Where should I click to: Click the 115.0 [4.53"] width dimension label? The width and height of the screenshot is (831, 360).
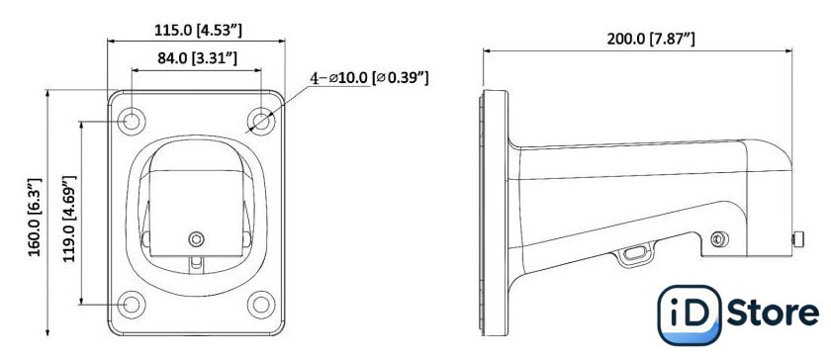coord(198,31)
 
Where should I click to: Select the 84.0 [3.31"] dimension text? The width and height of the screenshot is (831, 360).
coord(197,58)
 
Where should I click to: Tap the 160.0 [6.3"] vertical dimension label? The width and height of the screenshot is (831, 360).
coord(35,218)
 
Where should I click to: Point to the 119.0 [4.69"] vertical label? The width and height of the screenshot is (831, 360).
coord(70,219)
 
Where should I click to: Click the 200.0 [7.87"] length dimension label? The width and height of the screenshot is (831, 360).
coord(651,39)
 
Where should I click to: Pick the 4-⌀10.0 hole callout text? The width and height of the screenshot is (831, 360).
coord(369,78)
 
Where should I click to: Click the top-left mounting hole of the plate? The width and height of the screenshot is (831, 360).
coord(132,122)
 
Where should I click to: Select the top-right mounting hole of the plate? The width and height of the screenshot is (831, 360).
coord(261,122)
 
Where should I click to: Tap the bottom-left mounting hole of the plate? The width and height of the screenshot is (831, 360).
coord(132,305)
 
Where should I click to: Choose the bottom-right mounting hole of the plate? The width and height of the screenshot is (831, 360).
coord(261,305)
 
